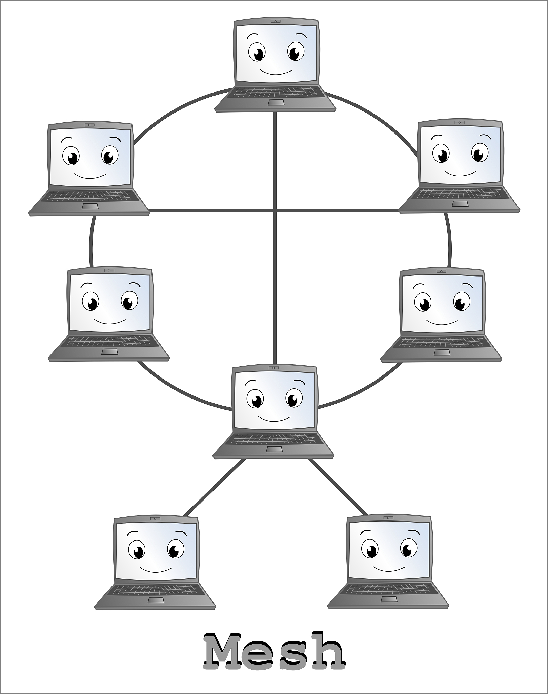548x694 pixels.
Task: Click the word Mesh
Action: [x=274, y=651]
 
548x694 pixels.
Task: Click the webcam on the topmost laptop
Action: [x=275, y=21]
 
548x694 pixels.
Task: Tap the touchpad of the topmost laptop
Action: [x=276, y=102]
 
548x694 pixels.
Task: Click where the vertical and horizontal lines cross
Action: [x=275, y=211]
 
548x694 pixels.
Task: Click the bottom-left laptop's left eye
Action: [x=137, y=551]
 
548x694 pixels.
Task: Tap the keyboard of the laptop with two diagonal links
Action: [x=274, y=439]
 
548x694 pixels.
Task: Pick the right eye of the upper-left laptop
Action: [x=109, y=156]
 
